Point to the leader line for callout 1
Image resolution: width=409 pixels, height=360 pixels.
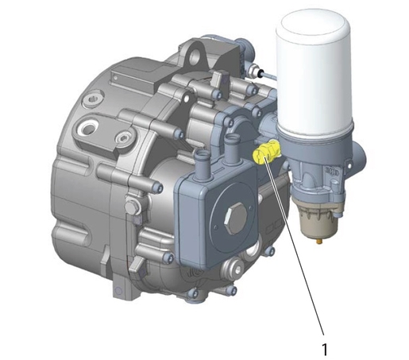click(295, 246)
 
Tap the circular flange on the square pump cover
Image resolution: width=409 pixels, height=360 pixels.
click(233, 213)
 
